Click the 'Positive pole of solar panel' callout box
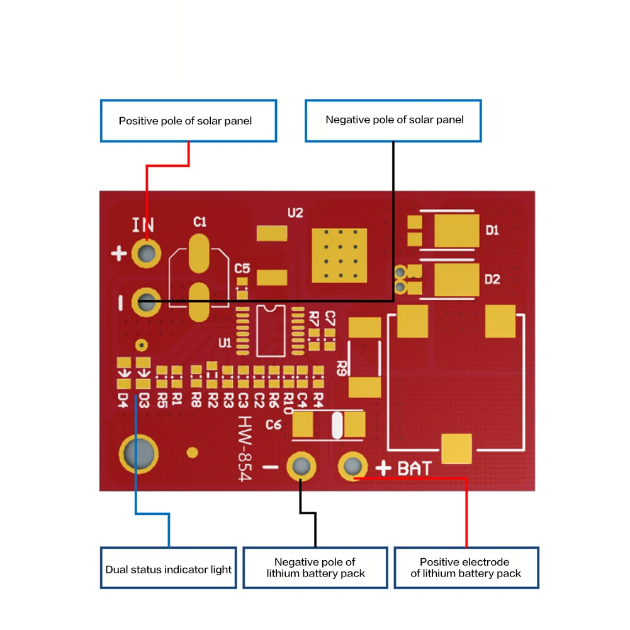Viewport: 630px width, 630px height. tap(188, 121)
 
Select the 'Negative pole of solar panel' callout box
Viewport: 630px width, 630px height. tap(393, 120)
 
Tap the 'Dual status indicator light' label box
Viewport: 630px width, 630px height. tap(168, 569)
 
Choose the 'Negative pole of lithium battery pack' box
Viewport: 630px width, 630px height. tap(315, 568)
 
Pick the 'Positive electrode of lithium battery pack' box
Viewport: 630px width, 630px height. tap(466, 568)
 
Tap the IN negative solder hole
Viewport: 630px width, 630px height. tap(147, 302)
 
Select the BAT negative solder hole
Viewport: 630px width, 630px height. tap(301, 466)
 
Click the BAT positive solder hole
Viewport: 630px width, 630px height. tap(352, 466)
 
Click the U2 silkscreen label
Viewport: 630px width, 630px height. tap(295, 213)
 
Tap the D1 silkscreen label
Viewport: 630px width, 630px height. tap(492, 230)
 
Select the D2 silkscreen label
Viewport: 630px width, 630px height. tap(492, 279)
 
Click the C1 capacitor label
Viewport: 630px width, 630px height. tap(200, 222)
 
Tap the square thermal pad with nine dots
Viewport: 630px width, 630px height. tap(339, 255)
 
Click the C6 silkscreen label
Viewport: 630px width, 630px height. tap(273, 425)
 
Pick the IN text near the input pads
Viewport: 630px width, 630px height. tap(143, 225)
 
